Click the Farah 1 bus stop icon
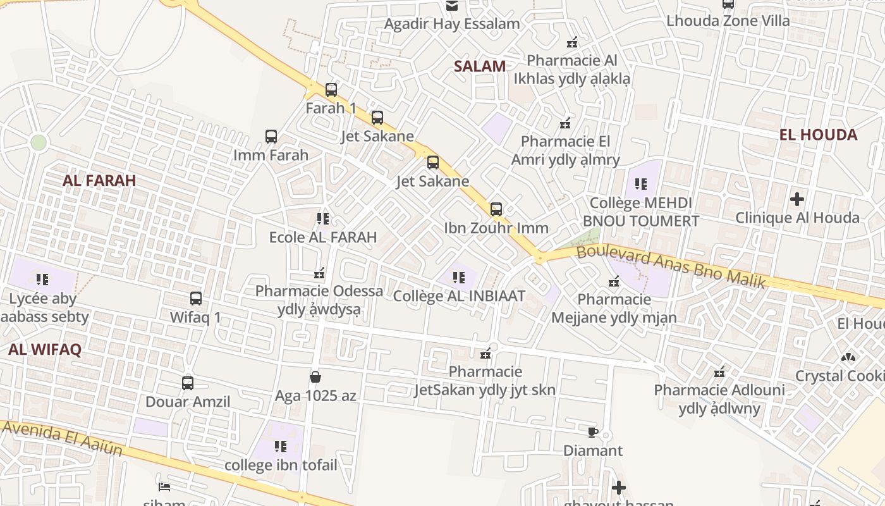point(331,90)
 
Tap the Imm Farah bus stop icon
point(271,137)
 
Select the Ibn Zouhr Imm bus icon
point(496,209)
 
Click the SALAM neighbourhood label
point(480,66)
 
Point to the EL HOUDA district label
point(818,135)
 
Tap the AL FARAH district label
point(99,181)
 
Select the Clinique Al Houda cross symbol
point(797,199)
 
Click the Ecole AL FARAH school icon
point(323,219)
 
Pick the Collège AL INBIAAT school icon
point(459,277)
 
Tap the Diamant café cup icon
point(592,433)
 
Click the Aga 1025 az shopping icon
point(315,378)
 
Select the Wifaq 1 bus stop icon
point(196,299)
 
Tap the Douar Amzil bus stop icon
point(188,383)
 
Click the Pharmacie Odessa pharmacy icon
point(319,273)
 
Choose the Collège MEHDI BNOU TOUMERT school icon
point(641,184)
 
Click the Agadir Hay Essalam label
point(452,24)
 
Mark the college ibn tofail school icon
point(281,447)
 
